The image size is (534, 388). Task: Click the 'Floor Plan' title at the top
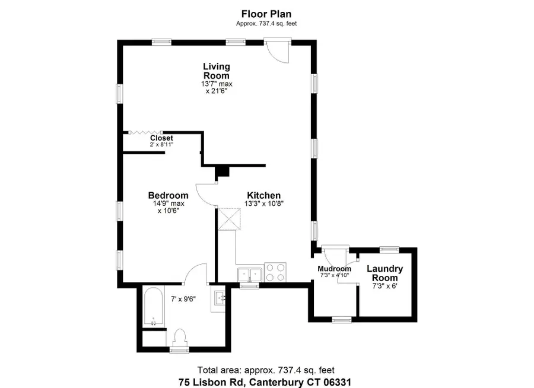click(x=266, y=13)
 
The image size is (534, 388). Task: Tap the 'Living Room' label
click(x=217, y=71)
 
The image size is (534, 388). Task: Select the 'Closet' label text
click(x=161, y=138)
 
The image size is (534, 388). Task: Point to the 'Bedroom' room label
click(x=168, y=195)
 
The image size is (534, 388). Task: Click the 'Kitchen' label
click(x=263, y=195)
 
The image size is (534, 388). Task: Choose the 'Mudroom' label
click(x=334, y=269)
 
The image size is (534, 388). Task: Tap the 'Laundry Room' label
click(x=384, y=273)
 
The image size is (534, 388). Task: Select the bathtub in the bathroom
click(x=154, y=307)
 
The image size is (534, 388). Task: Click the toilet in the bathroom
click(x=179, y=338)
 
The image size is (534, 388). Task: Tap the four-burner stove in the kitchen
click(x=275, y=271)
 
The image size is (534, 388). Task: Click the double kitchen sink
click(x=250, y=275)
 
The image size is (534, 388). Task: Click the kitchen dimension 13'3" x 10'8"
click(x=263, y=203)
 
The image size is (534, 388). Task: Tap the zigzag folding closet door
click(x=146, y=133)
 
